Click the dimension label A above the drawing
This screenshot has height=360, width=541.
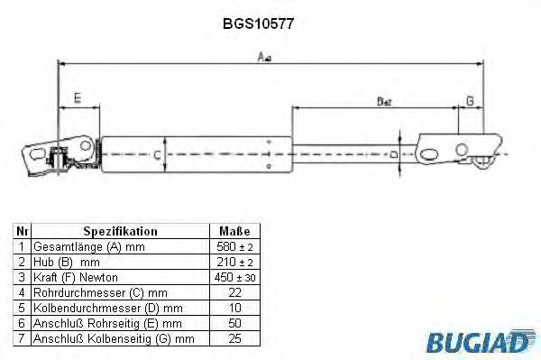point(264,56)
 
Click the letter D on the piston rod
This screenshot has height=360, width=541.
point(395,154)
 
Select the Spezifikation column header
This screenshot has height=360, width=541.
point(120,231)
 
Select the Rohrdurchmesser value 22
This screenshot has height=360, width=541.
point(234,292)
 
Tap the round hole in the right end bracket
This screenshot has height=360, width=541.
point(462,149)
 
